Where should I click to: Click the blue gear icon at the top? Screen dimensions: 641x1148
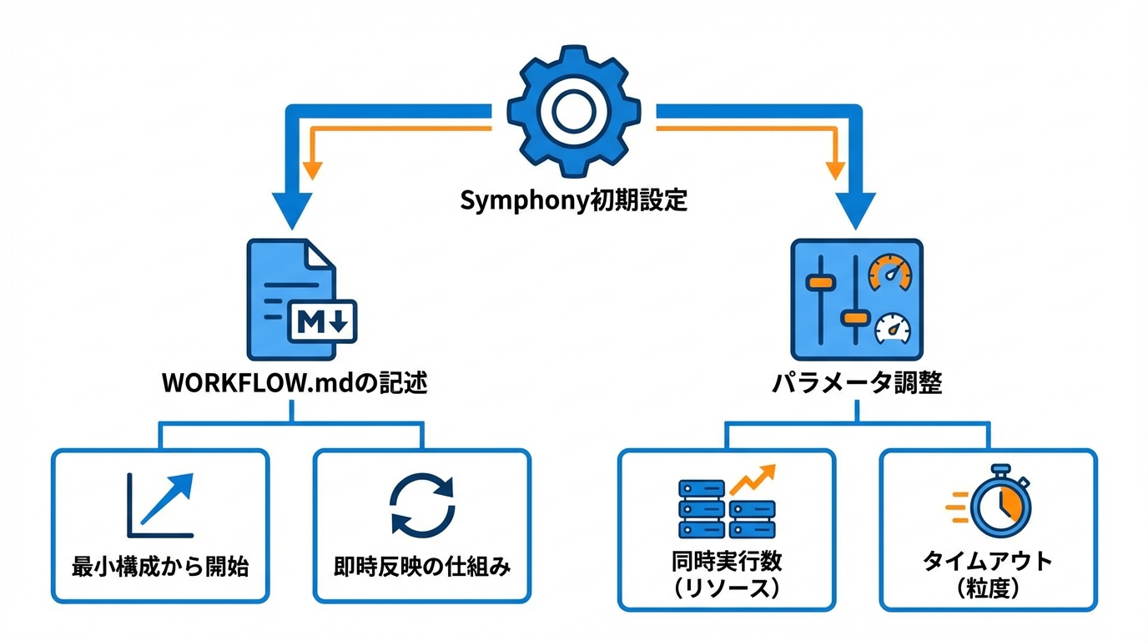click(x=574, y=111)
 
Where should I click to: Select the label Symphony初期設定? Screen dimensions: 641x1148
click(x=574, y=201)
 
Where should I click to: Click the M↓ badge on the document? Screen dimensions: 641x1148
click(x=322, y=321)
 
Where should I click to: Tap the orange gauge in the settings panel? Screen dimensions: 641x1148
click(x=890, y=274)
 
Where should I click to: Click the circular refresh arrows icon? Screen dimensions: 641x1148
click(x=422, y=503)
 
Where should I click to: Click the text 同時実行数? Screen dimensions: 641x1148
click(x=726, y=558)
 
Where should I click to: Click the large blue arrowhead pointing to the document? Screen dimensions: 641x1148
click(x=291, y=211)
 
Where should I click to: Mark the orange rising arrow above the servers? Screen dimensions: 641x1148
click(x=753, y=478)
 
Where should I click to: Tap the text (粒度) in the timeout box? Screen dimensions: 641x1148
click(x=988, y=588)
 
